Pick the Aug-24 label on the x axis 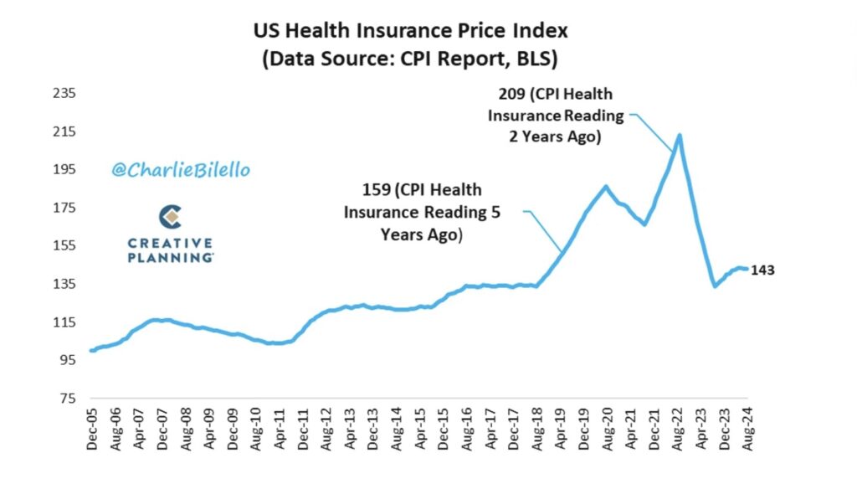tap(745, 431)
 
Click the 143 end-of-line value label tap(764, 270)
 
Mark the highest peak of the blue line tap(679, 135)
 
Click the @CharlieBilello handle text tap(180, 170)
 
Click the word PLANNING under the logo tap(170, 258)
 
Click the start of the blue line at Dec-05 tap(90, 350)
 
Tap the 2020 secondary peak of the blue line tap(605, 187)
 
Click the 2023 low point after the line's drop tap(716, 286)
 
